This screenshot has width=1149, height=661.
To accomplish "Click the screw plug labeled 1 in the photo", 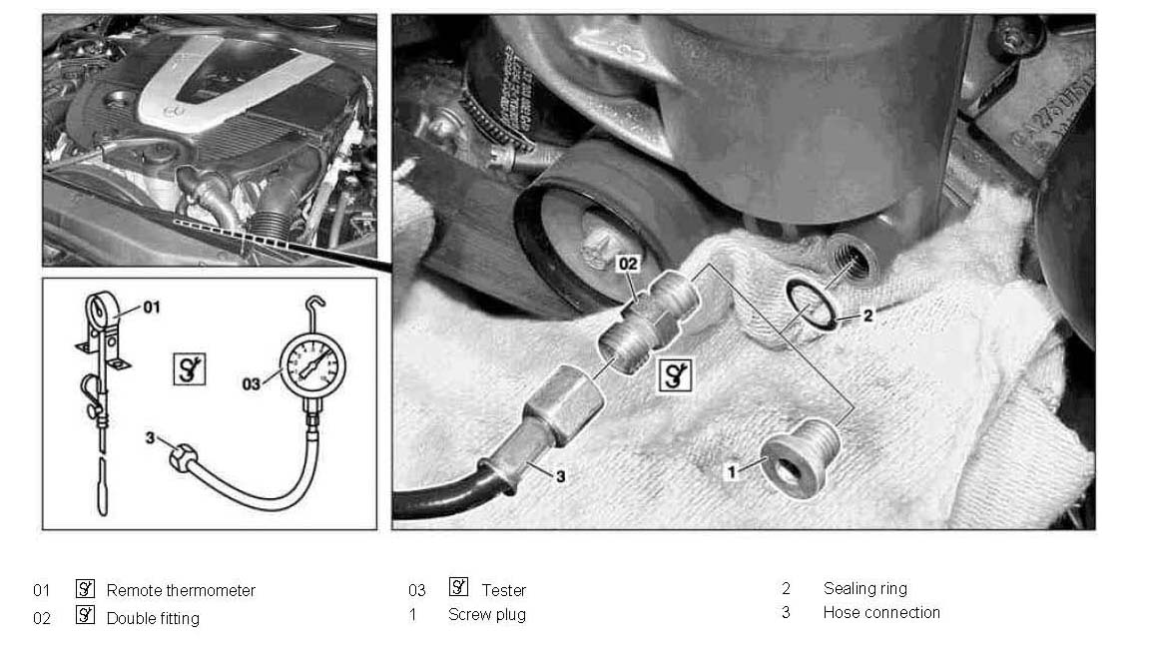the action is click(x=801, y=458).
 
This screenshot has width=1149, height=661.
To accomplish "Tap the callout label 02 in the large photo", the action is click(x=628, y=264).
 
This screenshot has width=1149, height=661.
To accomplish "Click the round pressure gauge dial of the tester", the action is click(x=312, y=364).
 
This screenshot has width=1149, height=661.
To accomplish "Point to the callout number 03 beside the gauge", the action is click(x=251, y=384).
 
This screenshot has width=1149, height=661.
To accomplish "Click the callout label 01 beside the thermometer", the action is click(x=151, y=307).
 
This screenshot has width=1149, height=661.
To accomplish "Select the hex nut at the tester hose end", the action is click(x=181, y=458).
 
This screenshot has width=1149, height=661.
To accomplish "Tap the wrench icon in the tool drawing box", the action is click(x=190, y=368).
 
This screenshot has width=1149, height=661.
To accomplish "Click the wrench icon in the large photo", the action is click(x=675, y=375).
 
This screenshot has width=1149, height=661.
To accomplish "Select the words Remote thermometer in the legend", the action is click(x=181, y=590).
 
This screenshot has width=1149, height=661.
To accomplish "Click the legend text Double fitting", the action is click(x=153, y=618).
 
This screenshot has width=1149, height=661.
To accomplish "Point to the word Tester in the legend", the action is click(x=503, y=590).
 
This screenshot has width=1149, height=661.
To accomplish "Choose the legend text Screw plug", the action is click(x=486, y=615).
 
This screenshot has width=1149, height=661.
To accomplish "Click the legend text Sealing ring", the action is click(x=864, y=588).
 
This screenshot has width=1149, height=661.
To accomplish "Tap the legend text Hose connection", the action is click(x=880, y=613).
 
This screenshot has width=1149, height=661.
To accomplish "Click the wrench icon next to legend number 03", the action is click(x=459, y=587).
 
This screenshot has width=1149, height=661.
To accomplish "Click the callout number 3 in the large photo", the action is click(x=561, y=476).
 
